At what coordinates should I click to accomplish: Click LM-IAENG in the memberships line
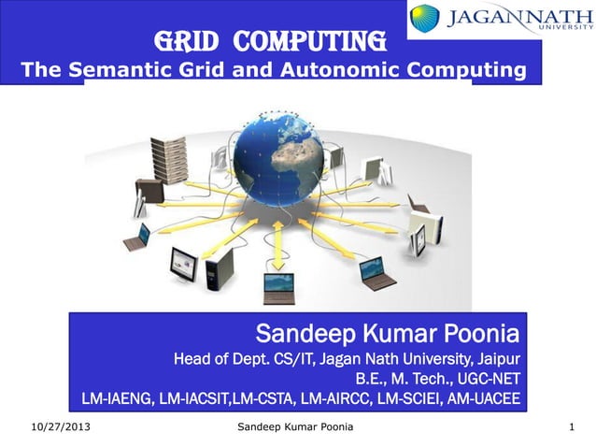pyautogui.click(x=116, y=400)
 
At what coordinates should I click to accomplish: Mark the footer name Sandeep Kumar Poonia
pyautogui.click(x=291, y=428)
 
